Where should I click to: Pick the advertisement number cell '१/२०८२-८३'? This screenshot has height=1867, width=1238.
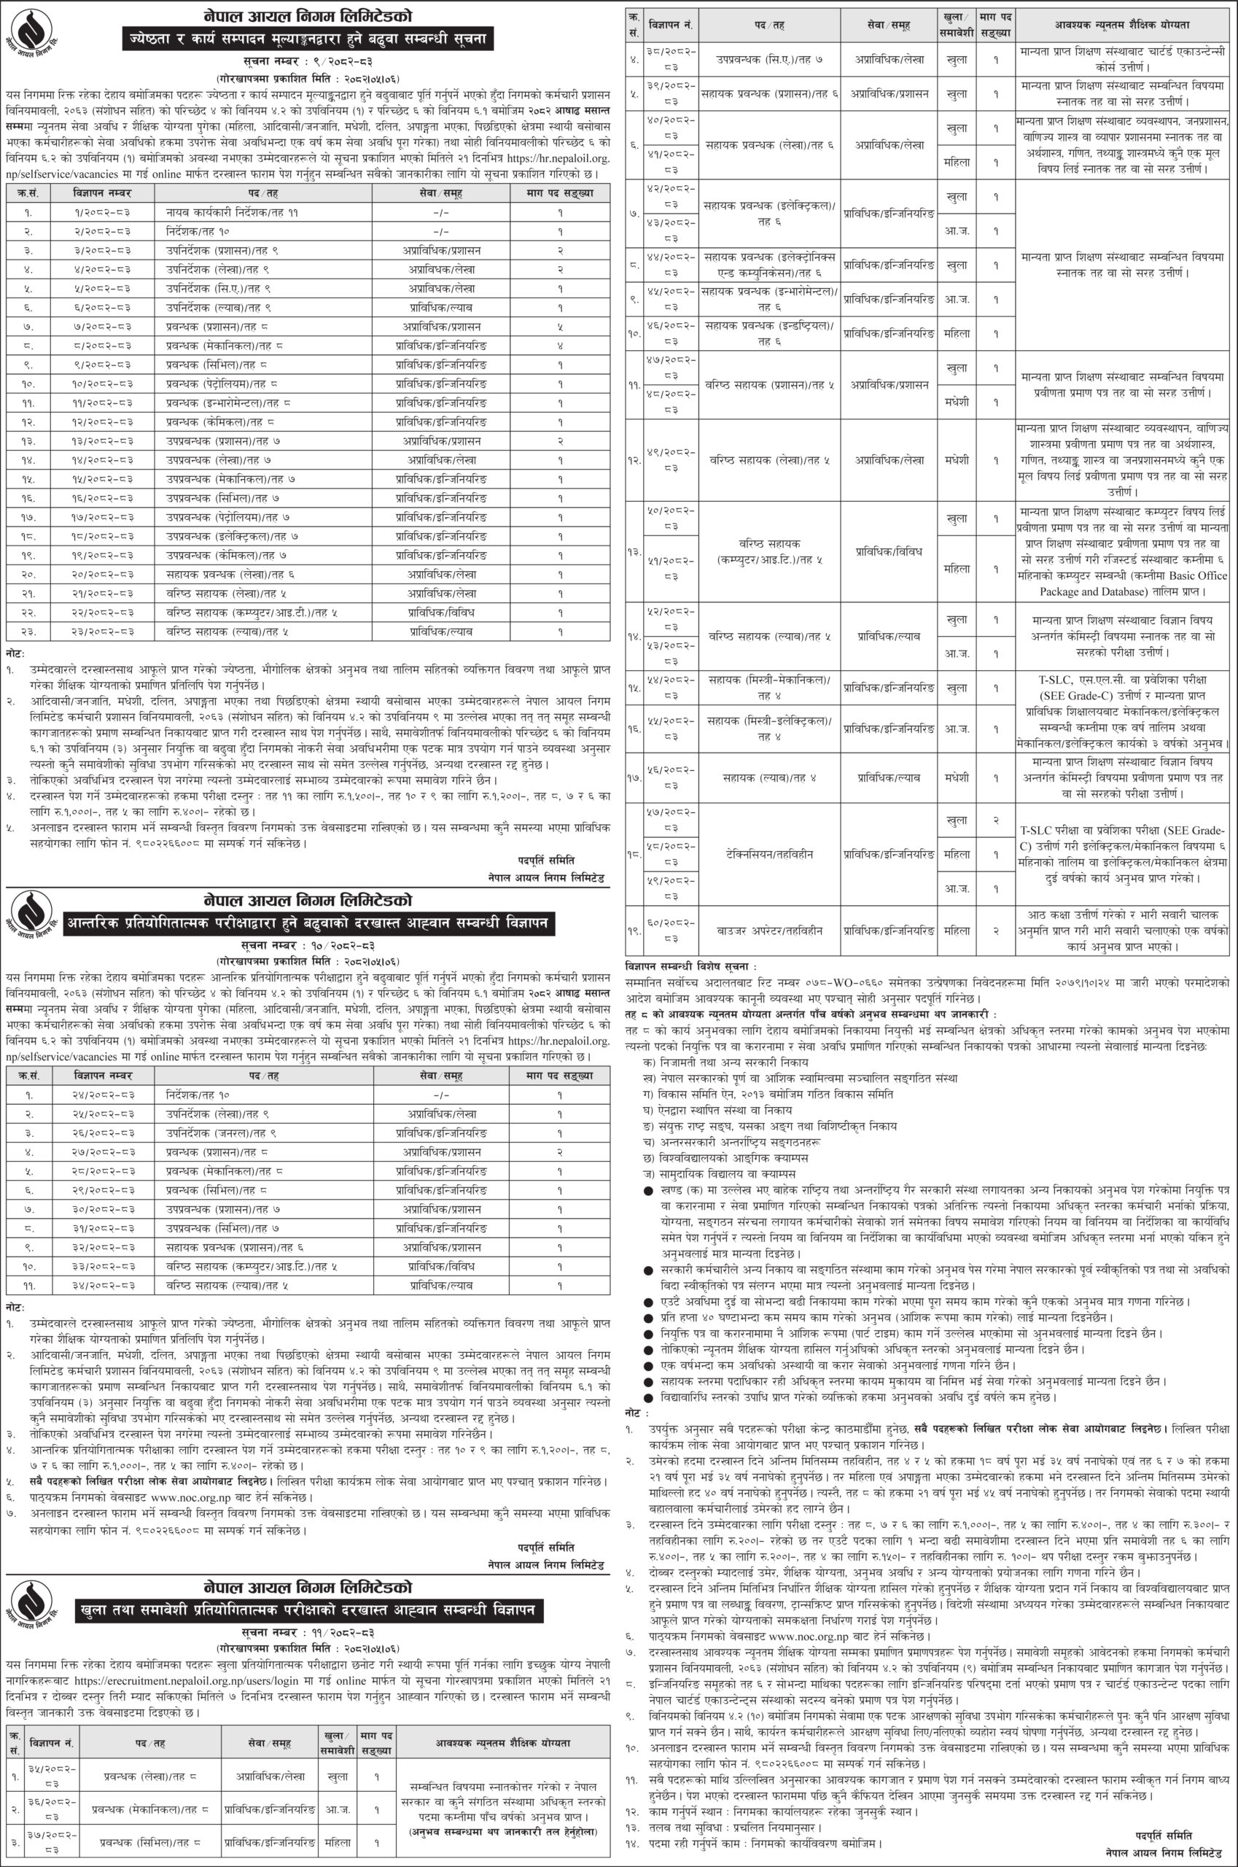(x=104, y=211)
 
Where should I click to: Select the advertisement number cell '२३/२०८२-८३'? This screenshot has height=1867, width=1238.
(x=104, y=631)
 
